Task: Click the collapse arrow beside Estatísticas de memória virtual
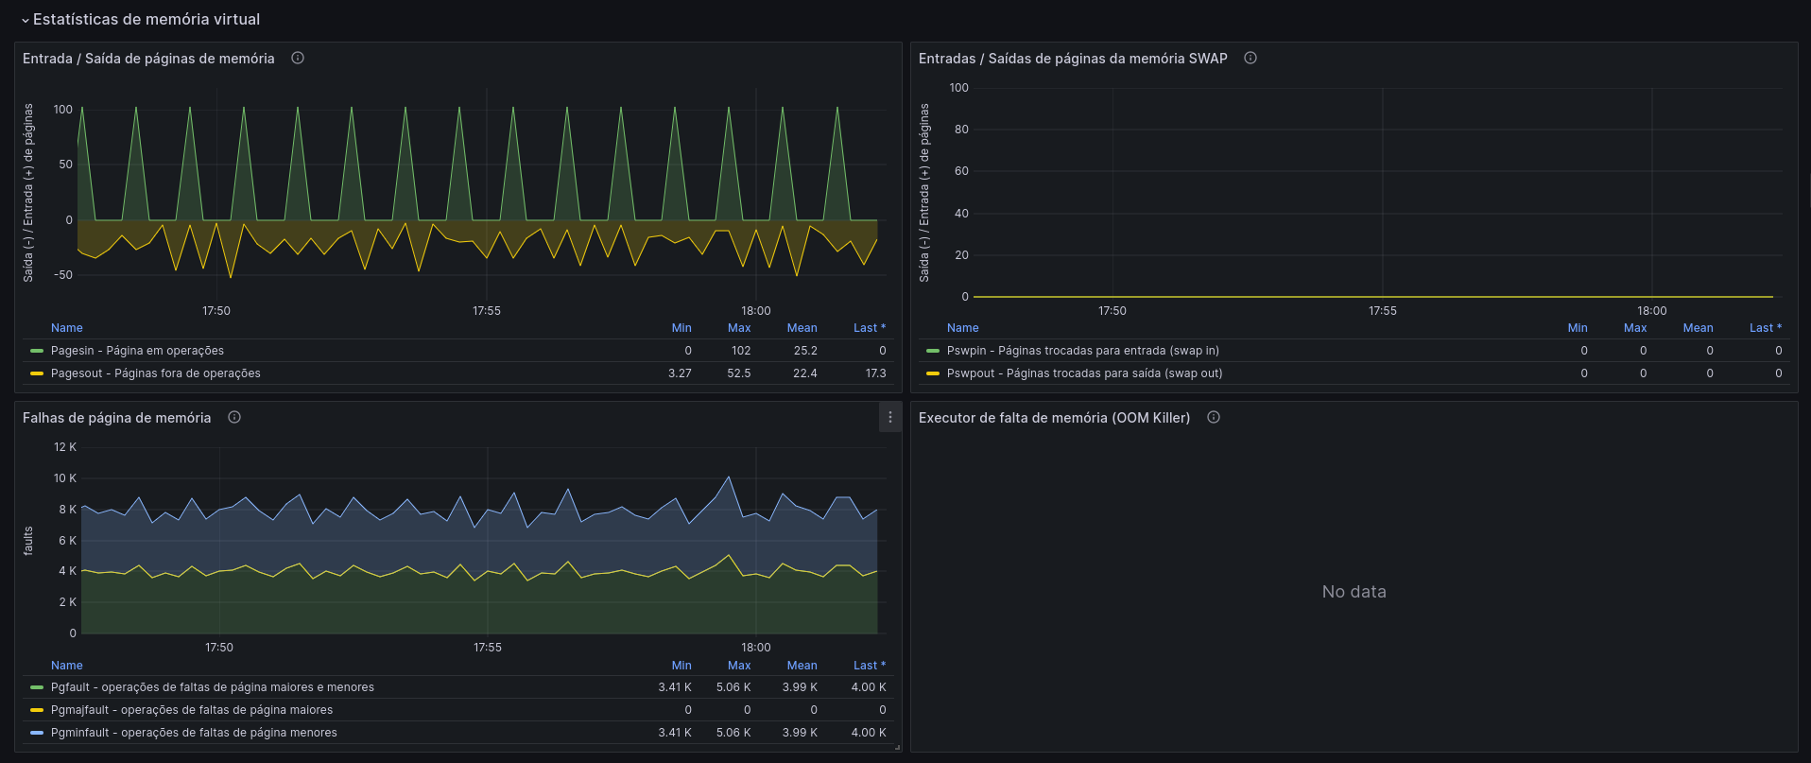coord(25,20)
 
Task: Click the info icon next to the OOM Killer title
coord(1214,417)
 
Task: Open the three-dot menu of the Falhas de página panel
coord(890,417)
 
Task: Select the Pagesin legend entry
coord(137,351)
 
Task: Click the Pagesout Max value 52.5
coord(739,373)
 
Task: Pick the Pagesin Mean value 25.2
coord(805,351)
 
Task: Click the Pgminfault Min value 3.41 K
coord(675,733)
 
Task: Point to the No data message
coord(1354,592)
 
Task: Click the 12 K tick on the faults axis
coord(65,447)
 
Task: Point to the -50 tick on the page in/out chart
coord(63,275)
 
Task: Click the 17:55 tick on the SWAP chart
coord(1383,311)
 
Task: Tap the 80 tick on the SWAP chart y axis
coord(961,130)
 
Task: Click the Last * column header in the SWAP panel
coord(1766,328)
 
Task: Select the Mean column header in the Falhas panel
coord(802,666)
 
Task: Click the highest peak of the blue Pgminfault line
coord(728,477)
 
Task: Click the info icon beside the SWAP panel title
coord(1250,58)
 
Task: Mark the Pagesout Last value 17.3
coord(876,373)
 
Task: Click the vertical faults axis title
coord(28,541)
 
